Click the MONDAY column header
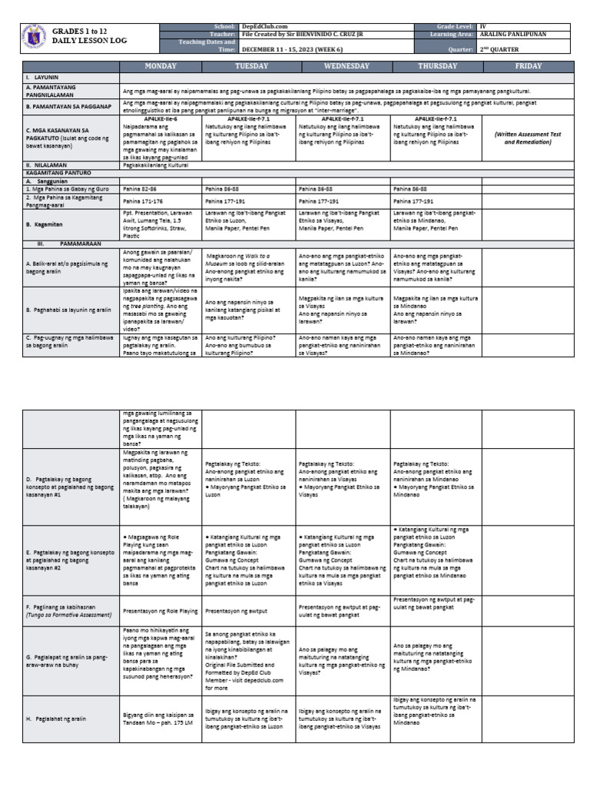161,67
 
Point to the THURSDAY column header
436,67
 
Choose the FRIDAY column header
528,67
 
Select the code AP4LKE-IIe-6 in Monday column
161,120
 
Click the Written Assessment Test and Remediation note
528,138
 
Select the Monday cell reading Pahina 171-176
143,200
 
